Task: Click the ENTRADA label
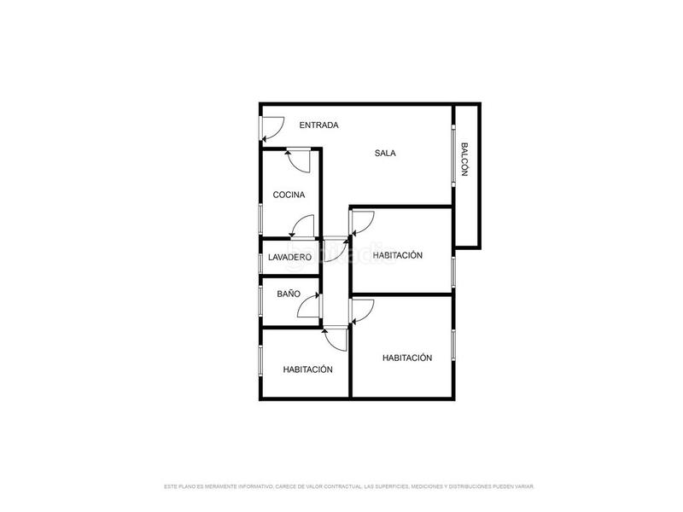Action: (318, 125)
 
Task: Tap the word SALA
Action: (385, 154)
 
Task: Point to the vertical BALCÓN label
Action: (464, 159)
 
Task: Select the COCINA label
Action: (289, 195)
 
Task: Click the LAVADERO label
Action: (289, 258)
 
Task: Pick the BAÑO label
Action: (289, 294)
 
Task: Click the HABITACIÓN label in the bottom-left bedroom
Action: (307, 369)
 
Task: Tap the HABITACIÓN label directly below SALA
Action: (398, 256)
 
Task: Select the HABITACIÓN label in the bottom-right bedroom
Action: (407, 358)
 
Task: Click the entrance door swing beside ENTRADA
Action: (271, 128)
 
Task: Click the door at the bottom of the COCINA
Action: (302, 227)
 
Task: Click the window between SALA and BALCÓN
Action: (452, 154)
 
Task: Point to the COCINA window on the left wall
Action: (261, 217)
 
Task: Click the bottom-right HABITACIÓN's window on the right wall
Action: (453, 345)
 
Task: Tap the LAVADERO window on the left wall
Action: (261, 259)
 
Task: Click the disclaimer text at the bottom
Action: (348, 486)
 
